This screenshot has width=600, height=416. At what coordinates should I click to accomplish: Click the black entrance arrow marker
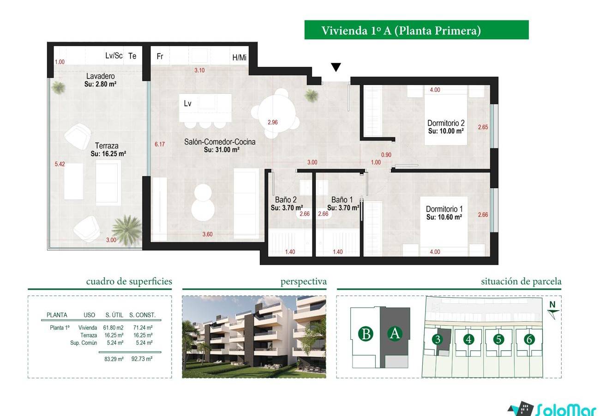336,67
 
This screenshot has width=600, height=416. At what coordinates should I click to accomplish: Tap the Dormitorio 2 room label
446,123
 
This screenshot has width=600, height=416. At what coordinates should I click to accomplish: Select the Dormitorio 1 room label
444,209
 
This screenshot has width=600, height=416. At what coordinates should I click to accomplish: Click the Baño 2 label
286,200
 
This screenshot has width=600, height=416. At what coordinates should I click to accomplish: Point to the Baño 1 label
342,200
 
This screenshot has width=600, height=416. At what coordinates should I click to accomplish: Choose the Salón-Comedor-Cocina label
220,142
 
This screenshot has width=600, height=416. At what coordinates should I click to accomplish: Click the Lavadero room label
101,76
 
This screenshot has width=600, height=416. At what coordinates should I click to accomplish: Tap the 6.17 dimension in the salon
160,144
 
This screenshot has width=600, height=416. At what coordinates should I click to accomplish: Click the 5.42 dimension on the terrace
60,164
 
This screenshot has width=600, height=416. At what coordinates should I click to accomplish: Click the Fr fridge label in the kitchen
160,56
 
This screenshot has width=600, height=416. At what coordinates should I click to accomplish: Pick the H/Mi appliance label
239,57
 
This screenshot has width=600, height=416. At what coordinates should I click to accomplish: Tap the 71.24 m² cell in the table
143,328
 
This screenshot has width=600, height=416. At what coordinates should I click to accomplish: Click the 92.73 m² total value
142,359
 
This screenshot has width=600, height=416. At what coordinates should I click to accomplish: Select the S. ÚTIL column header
114,315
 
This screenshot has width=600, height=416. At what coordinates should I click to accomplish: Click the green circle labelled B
366,334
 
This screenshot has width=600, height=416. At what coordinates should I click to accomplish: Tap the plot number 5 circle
498,339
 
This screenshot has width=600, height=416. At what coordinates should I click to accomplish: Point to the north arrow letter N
552,305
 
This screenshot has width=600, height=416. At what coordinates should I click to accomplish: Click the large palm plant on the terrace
127,230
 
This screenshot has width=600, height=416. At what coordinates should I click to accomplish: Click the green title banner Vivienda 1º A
416,30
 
